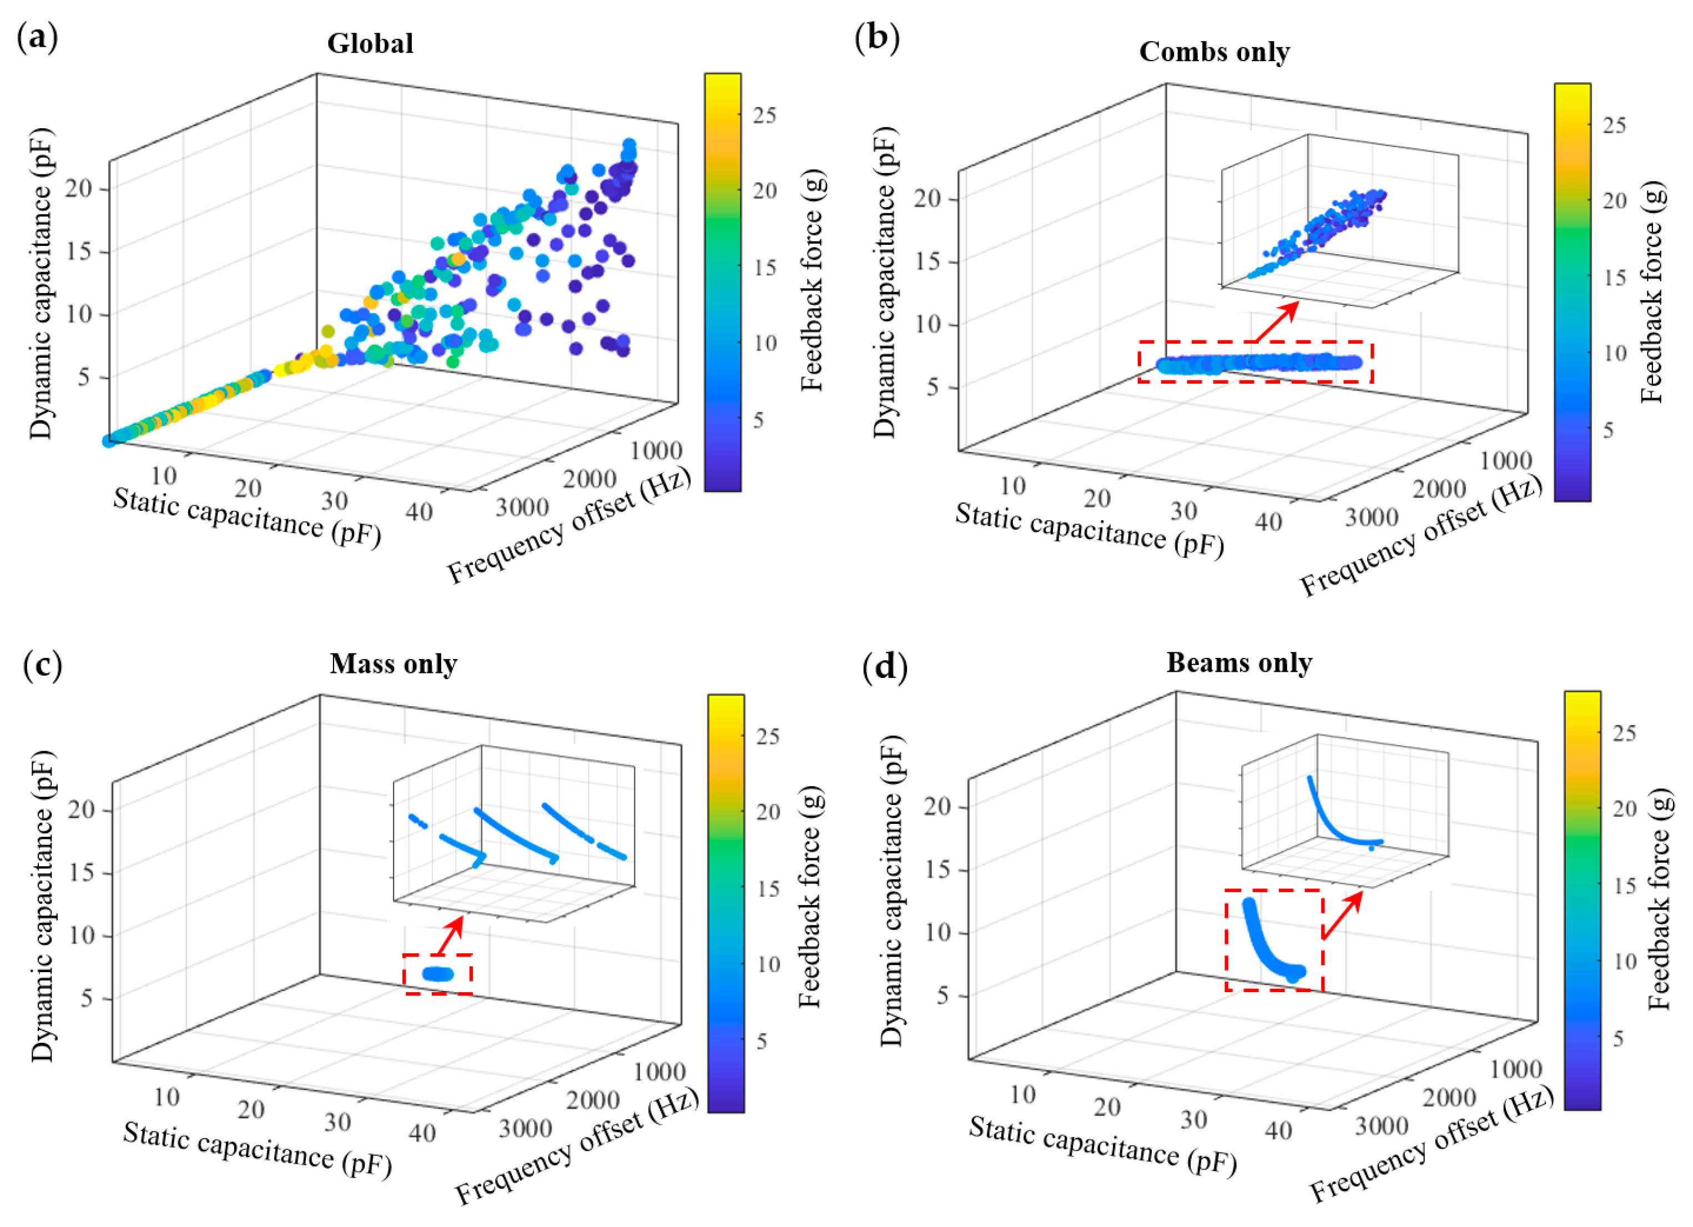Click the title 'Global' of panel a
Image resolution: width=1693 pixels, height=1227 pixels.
[x=370, y=43]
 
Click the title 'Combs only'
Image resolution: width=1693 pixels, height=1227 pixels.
[x=1215, y=52]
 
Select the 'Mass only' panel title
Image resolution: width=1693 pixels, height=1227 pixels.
[x=394, y=664]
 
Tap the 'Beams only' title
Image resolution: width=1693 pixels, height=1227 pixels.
[x=1239, y=662]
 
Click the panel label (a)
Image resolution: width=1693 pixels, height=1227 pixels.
[x=37, y=37]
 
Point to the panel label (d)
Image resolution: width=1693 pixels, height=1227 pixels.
[x=885, y=666]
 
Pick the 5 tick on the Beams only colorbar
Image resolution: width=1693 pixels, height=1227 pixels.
[x=1618, y=1039]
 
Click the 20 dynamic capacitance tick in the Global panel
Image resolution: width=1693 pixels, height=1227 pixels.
[x=78, y=188]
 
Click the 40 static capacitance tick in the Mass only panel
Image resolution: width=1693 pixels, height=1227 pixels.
[x=422, y=1133]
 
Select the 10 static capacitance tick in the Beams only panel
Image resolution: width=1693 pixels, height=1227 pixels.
[x=1022, y=1095]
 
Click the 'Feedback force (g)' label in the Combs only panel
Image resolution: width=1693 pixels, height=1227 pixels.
[x=1652, y=292]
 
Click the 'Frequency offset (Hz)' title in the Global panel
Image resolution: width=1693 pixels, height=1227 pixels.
[x=569, y=526]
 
